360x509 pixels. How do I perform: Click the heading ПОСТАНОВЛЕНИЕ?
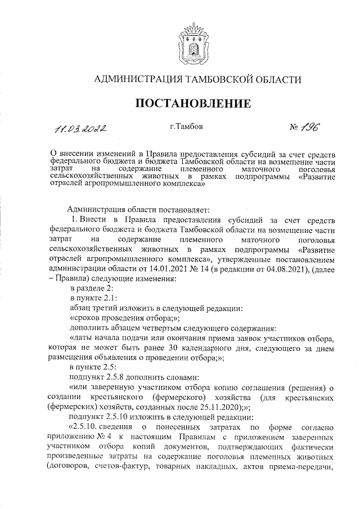pyautogui.click(x=191, y=103)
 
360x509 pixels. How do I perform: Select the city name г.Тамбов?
pyautogui.click(x=186, y=128)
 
